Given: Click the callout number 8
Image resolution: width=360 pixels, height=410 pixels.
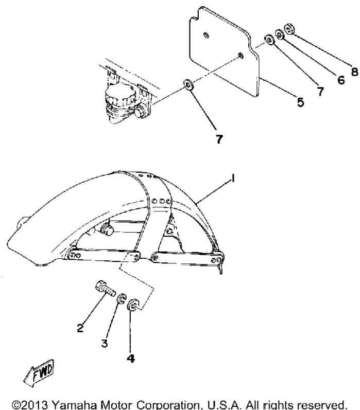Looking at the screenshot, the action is click(354, 71).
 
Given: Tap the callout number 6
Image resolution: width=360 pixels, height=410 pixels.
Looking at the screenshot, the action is click(341, 80).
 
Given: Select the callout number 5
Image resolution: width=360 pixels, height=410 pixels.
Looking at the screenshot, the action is click(301, 102).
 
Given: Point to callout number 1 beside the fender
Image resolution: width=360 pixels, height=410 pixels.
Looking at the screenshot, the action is click(233, 179).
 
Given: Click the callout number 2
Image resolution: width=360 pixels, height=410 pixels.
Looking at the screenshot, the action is click(80, 328).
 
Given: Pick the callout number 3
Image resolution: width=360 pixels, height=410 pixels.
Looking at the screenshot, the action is click(105, 343).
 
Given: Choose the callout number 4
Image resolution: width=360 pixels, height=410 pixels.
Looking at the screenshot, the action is click(131, 358).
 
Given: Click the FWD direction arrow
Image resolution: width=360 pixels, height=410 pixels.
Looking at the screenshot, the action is click(39, 372).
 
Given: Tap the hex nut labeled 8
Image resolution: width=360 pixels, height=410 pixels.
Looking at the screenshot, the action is click(289, 29).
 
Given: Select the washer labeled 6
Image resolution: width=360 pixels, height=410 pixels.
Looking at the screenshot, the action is click(279, 34).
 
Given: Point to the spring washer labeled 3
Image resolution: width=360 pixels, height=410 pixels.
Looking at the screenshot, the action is click(121, 299).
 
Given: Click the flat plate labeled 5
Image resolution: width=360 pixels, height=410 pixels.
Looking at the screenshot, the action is click(225, 51).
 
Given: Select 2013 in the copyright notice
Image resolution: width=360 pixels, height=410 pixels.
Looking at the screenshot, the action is click(37, 404).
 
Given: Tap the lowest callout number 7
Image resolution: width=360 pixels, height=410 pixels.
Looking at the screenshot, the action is click(219, 139).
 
